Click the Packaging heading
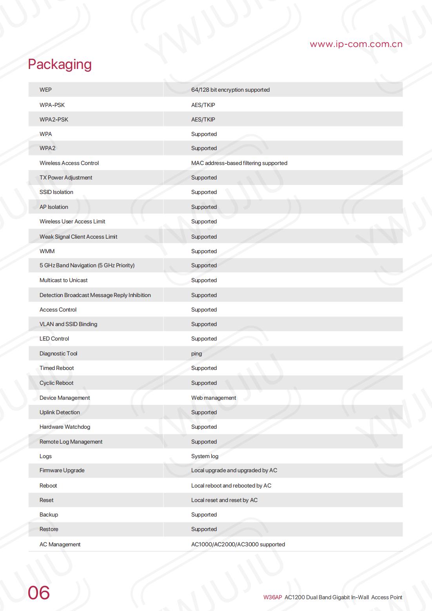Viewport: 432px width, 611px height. [60, 64]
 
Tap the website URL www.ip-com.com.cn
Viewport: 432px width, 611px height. [356, 44]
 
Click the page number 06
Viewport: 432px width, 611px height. [39, 593]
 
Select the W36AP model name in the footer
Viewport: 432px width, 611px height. [272, 597]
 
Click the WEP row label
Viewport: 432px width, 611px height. [45, 90]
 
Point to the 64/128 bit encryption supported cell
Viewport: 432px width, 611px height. [230, 90]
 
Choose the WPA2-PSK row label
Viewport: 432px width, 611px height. [54, 120]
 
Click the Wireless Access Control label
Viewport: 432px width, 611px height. [69, 163]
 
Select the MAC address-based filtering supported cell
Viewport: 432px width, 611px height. [239, 163]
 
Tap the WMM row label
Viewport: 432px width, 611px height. [47, 251]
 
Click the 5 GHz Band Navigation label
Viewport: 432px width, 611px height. [87, 265]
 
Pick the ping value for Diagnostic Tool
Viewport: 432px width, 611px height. [196, 354]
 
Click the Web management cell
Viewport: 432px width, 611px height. [213, 398]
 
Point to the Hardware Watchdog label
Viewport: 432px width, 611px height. [65, 427]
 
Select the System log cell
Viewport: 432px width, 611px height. [205, 456]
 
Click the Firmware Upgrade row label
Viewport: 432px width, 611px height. [62, 470]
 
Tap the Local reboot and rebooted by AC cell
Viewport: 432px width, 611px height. [231, 486]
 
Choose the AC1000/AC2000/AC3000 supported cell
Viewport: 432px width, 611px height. [238, 544]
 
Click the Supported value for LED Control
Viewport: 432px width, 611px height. [204, 339]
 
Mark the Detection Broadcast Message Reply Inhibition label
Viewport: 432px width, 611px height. [95, 295]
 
